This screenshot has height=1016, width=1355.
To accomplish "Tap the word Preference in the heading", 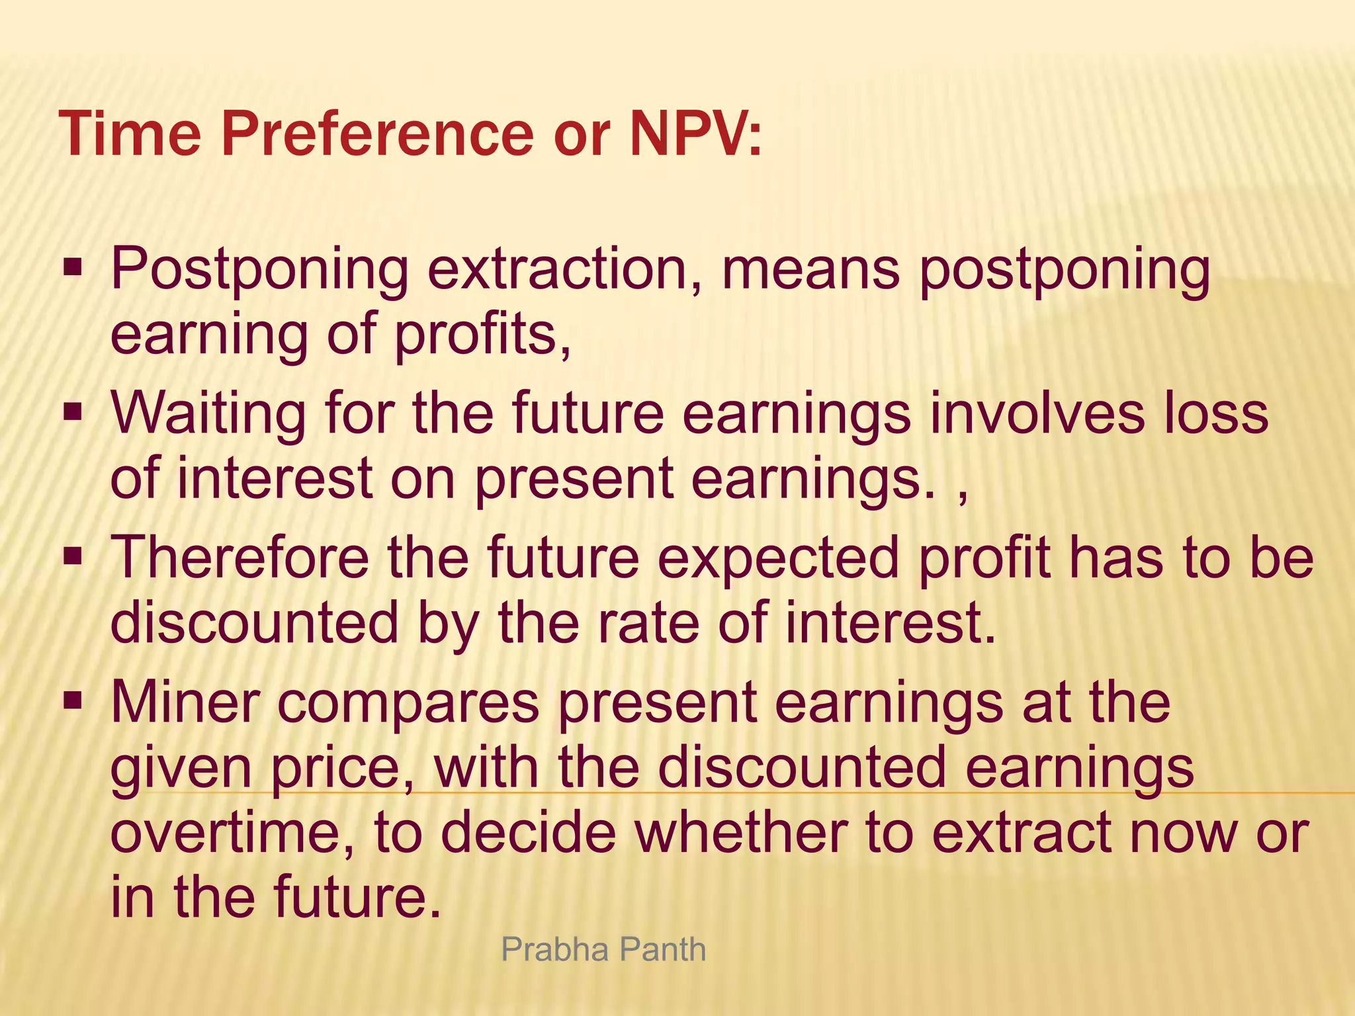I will coord(379,135).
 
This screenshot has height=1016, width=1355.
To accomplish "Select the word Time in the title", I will coord(130,135).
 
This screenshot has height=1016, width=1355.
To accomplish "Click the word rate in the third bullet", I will coord(648,624).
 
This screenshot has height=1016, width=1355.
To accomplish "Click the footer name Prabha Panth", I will coord(603,950).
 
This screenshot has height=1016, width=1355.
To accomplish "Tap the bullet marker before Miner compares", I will coord(72,701).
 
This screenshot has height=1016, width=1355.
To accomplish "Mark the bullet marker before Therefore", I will coord(72,558).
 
